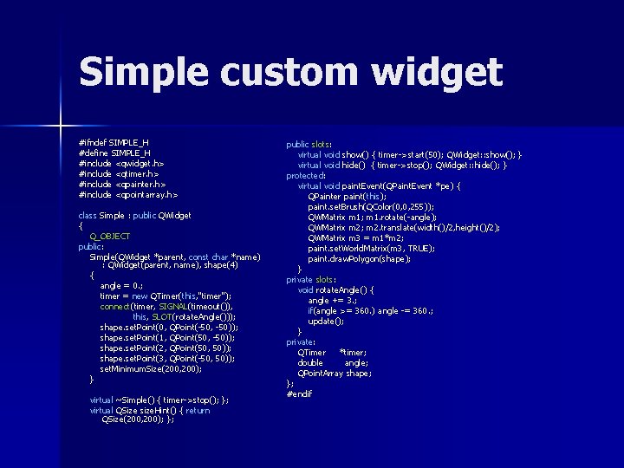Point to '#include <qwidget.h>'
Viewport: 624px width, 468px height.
tap(121, 162)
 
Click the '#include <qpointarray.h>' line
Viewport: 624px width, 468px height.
tap(128, 194)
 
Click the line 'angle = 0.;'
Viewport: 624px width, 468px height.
tap(121, 285)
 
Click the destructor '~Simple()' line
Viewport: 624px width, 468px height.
tap(159, 400)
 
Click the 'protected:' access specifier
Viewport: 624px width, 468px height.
tap(307, 175)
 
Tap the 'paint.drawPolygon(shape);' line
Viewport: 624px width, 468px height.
tap(359, 258)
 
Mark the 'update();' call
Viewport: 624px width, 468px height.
tap(326, 321)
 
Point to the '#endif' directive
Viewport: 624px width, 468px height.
tap(299, 393)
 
